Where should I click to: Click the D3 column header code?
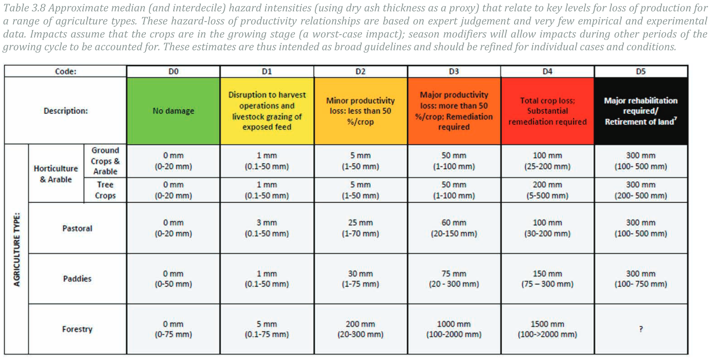454,72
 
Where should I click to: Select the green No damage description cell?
173,111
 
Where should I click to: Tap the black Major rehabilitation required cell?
641,111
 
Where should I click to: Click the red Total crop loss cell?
547,111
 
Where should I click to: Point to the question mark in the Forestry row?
641,329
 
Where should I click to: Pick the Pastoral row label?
77,228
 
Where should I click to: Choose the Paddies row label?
77,278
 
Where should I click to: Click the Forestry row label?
77,329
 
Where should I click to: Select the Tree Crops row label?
105,190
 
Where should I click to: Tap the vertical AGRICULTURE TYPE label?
17,250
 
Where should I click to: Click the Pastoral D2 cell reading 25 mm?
360,228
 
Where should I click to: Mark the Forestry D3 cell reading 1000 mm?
454,329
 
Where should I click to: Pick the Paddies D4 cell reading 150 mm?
547,278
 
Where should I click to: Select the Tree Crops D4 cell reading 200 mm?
547,190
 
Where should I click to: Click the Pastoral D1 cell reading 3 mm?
267,228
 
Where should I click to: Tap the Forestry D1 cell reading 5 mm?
267,329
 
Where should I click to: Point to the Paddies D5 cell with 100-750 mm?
641,278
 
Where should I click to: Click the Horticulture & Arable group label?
56,174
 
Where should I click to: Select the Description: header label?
66,111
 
